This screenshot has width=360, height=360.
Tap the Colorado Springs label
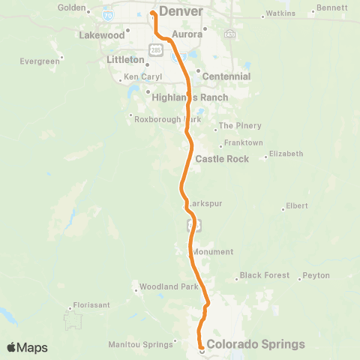(256, 345)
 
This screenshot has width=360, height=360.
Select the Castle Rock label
(216, 159)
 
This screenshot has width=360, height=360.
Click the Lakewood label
(101, 35)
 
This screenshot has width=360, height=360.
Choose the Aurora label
(187, 34)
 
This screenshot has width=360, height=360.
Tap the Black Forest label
(265, 275)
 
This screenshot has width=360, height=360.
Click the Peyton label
(316, 275)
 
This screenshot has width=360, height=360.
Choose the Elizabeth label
(286, 154)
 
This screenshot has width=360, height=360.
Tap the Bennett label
(331, 8)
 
